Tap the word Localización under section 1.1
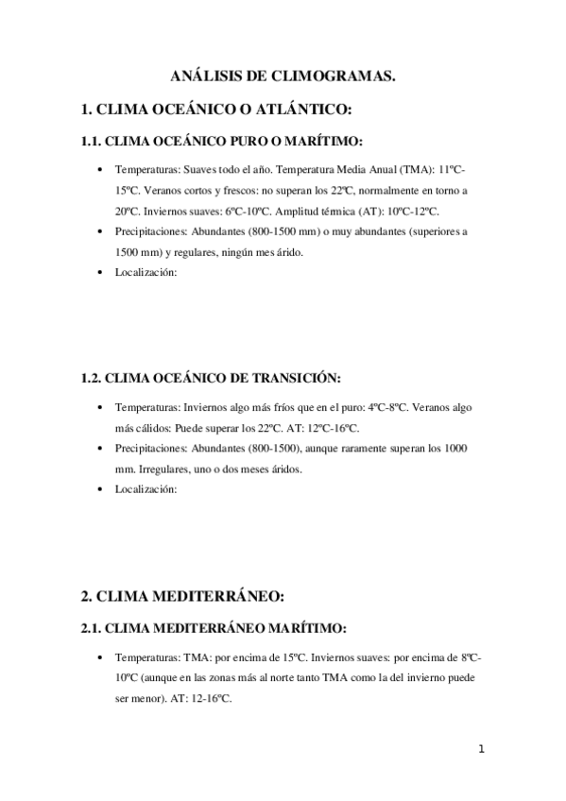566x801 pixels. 146,272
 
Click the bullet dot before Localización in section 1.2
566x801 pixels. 101,489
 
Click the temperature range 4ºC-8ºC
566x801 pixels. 382,407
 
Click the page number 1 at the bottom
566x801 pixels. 481,750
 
